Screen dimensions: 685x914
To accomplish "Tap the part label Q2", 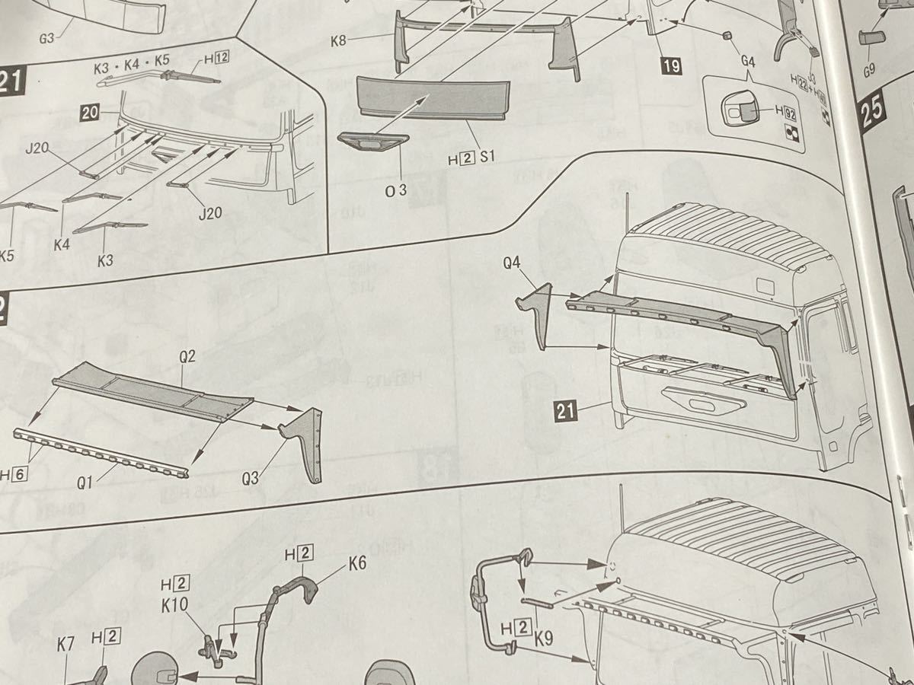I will point(187,356).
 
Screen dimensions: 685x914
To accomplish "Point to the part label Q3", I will point(251,479).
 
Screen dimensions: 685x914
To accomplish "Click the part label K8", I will point(340,40).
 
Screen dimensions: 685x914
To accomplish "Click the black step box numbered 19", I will point(671,66).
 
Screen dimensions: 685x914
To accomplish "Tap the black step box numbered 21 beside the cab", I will point(564,412).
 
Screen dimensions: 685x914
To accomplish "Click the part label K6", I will point(357,564).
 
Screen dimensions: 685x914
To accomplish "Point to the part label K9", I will point(543,642).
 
